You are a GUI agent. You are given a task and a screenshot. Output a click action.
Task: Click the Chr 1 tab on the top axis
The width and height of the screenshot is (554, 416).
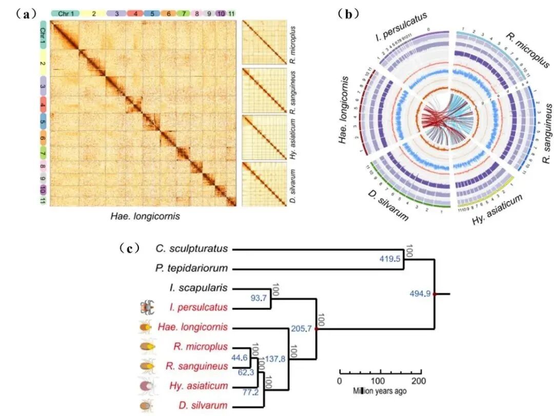tap(65, 12)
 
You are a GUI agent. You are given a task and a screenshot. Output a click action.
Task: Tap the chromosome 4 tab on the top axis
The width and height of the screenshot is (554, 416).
tap(135, 12)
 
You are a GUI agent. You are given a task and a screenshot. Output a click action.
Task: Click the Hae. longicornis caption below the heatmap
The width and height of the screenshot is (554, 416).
tap(145, 216)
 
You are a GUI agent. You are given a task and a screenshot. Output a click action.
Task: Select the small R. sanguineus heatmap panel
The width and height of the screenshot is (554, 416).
tap(264, 91)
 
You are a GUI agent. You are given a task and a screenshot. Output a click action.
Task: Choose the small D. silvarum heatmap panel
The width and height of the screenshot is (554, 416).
tap(264, 184)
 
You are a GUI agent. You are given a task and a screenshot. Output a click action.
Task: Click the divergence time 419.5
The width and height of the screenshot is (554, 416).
tap(389, 260)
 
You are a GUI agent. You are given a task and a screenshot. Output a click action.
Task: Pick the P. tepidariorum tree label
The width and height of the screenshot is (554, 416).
tap(191, 268)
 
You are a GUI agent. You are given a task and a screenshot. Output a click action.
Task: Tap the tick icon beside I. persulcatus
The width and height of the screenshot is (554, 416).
tap(147, 307)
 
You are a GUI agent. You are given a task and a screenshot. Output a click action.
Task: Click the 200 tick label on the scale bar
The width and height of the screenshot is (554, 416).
tap(418, 381)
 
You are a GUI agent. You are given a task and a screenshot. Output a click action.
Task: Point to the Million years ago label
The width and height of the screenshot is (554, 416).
tap(379, 391)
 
